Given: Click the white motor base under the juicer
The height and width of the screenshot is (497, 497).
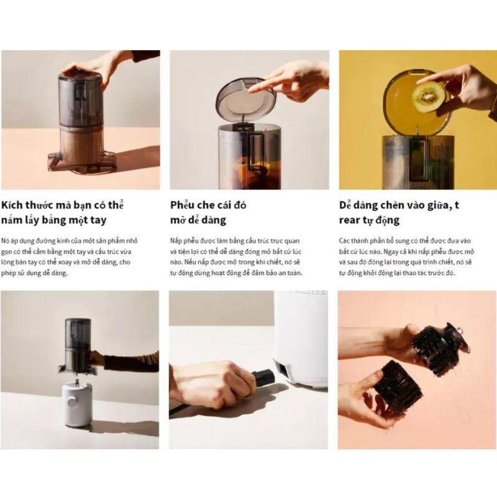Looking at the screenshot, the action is [76, 405].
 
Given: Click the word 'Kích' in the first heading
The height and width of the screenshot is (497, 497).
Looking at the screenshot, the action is [12, 205].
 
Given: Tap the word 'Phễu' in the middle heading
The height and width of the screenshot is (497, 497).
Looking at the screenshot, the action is [181, 205].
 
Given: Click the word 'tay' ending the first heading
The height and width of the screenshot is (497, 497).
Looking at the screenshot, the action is [98, 221].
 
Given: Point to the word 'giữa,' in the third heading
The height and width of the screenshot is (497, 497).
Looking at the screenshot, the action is [436, 206].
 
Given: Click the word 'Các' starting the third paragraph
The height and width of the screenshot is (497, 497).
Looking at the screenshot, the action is [344, 241].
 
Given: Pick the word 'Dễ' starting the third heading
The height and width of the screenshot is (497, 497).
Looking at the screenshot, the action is [345, 205].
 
